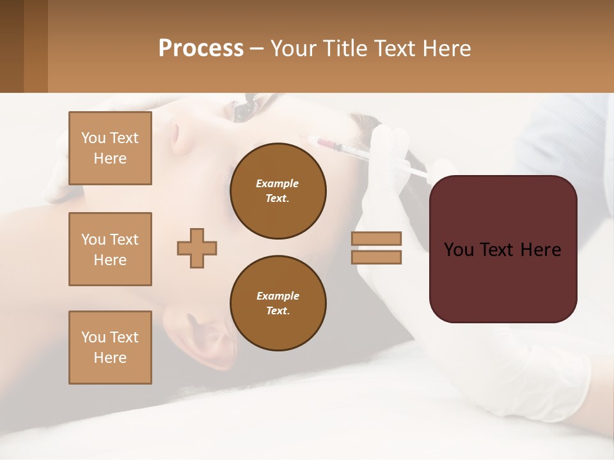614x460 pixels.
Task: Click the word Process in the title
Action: pos(201,48)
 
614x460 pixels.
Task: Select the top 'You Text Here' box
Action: pos(110,148)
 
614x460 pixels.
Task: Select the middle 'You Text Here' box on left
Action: pos(110,249)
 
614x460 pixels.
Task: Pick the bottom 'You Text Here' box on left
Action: pos(110,347)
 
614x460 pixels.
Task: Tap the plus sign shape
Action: pos(197,248)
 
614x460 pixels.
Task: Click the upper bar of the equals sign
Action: pos(376,238)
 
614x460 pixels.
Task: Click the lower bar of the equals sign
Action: pos(376,257)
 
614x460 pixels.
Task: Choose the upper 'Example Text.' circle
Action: pos(278,191)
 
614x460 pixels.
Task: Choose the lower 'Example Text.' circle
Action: pos(278,303)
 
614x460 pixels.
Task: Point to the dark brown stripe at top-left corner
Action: pos(12,46)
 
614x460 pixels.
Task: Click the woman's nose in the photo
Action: pos(168,134)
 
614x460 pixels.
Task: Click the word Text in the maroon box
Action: pos(503,250)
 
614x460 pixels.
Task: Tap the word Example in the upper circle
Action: pos(278,183)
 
